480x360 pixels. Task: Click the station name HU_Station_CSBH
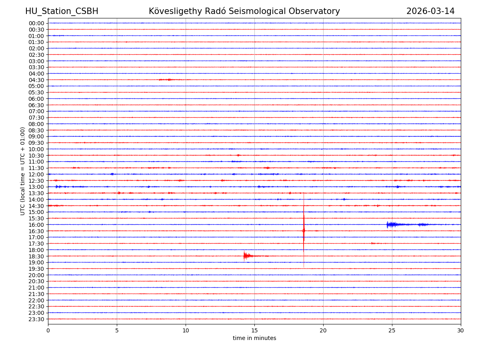tap(62, 11)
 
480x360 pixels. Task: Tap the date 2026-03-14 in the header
tap(430, 11)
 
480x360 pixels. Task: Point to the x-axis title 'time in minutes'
tap(254, 338)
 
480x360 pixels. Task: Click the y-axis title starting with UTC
tap(23, 171)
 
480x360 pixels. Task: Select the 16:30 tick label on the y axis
tap(36, 231)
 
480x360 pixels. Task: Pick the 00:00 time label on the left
tap(36, 23)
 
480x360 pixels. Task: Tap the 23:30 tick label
tap(36, 319)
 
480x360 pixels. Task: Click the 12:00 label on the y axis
tap(36, 174)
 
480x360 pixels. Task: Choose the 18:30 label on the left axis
tap(36, 256)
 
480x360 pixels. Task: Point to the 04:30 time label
tap(36, 80)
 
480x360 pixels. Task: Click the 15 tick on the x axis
tap(254, 330)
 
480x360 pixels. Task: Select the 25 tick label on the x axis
tap(392, 330)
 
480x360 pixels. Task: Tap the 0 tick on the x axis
tap(48, 330)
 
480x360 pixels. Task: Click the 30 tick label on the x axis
tap(461, 330)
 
